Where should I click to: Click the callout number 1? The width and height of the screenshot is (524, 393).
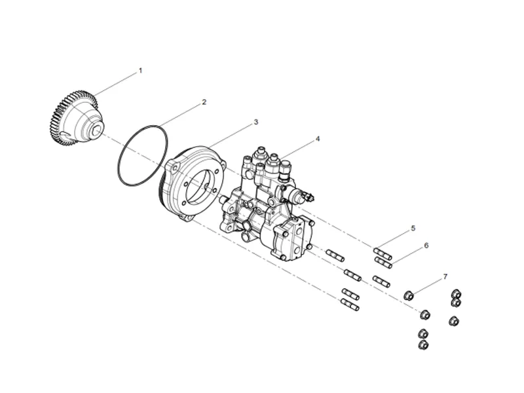(x=140, y=70)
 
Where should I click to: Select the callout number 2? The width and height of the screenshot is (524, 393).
(x=204, y=102)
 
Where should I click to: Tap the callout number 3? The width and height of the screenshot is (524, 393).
(x=255, y=122)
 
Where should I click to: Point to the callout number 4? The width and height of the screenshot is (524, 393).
(x=318, y=139)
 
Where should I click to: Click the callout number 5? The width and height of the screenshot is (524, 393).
(x=413, y=228)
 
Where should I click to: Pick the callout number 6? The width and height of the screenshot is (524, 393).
(x=426, y=246)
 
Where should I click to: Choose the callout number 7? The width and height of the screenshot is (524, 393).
(x=445, y=277)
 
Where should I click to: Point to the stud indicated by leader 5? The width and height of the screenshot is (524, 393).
(x=383, y=253)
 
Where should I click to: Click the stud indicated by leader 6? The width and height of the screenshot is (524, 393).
(x=383, y=263)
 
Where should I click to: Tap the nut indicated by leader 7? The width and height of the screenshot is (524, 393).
(x=408, y=295)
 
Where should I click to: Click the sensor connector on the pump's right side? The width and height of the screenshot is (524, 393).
(x=305, y=196)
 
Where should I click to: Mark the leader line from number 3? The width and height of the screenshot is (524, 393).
(x=229, y=134)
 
